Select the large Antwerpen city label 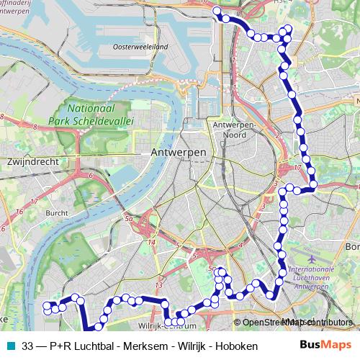(179, 153)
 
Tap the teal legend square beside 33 (9, 346)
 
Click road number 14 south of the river (151, 243)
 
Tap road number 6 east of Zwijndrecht (91, 175)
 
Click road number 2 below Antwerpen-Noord (276, 134)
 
